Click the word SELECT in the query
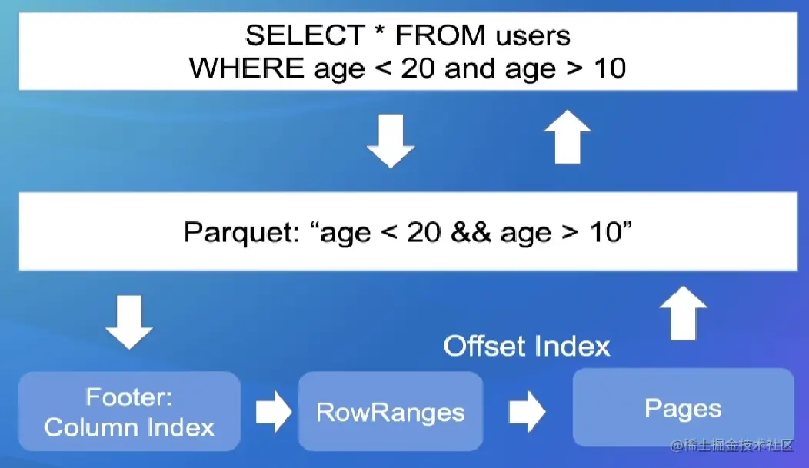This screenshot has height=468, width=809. (x=305, y=35)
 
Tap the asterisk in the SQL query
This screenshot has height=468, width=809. (x=380, y=32)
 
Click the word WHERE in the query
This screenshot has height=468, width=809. (x=247, y=68)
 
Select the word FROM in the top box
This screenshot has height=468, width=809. (x=440, y=35)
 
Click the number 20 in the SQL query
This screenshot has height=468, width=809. (x=418, y=68)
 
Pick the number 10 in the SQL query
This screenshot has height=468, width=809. (x=610, y=68)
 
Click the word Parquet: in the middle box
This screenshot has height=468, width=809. (x=242, y=232)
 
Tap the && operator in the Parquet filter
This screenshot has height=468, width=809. (x=471, y=232)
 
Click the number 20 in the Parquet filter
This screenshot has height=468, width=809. (x=424, y=232)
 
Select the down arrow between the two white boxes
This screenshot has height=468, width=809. (x=391, y=141)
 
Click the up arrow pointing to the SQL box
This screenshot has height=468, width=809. (x=568, y=137)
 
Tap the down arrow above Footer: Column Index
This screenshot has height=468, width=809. (x=129, y=322)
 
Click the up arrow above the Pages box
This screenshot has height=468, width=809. (x=683, y=313)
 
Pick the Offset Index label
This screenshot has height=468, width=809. (x=526, y=346)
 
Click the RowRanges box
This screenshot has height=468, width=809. (x=391, y=411)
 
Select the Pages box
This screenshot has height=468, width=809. (x=683, y=407)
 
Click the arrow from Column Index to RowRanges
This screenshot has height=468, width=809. (x=274, y=411)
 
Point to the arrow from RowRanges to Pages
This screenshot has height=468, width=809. (x=528, y=411)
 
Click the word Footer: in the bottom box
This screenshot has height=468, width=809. (x=129, y=397)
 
